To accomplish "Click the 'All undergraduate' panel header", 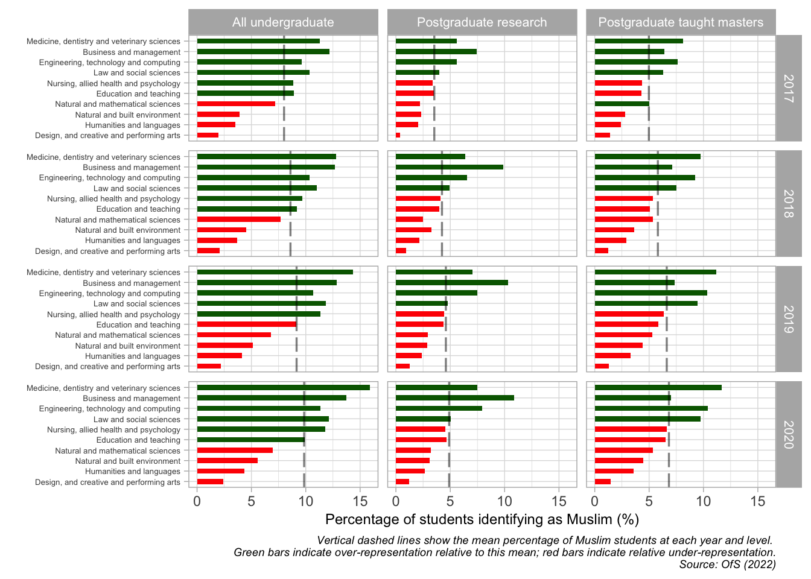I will [283, 22].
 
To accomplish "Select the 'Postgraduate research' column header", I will [482, 22].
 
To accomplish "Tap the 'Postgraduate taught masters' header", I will [680, 22].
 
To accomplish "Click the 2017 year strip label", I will [788, 88].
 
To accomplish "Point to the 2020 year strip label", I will [788, 434].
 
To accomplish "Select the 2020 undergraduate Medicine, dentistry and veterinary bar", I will [283, 387].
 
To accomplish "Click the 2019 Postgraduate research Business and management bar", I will [451, 282].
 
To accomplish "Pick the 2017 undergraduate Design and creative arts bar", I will [208, 135].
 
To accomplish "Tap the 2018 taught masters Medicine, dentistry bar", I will [647, 156].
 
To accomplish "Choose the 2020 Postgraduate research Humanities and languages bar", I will [410, 471].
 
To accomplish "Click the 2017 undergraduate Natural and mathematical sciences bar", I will [236, 104].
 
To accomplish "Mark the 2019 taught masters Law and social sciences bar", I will [646, 303].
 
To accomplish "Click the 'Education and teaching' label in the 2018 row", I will [138, 209].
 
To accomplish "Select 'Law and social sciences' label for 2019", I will [137, 304].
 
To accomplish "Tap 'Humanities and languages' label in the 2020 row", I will [133, 472].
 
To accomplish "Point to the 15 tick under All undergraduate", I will [360, 501].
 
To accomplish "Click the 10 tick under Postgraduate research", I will [504, 501].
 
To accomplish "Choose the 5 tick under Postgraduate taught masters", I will [649, 501].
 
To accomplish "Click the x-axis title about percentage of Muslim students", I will [482, 519].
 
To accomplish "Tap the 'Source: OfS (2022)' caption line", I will [727, 565].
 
